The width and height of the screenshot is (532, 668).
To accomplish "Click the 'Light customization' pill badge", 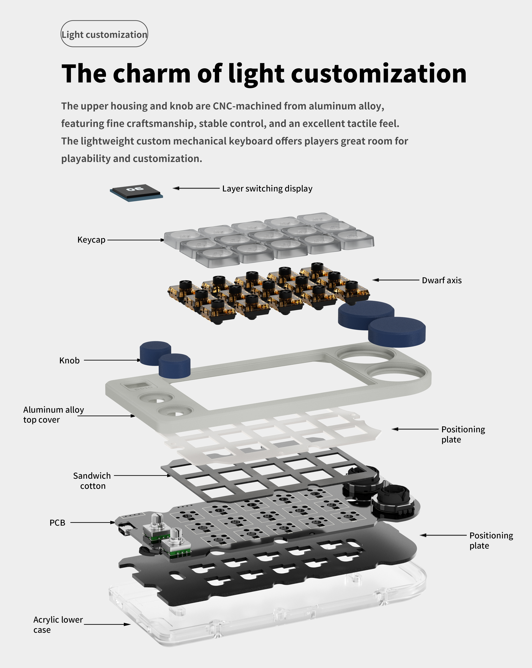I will (x=104, y=34).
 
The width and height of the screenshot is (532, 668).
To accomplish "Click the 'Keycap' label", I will (x=91, y=240).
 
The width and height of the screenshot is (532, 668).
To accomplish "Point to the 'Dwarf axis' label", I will (x=442, y=280).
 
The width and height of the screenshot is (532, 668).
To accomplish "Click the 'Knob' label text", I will (x=69, y=360).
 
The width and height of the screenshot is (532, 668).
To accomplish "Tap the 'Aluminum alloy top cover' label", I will (x=53, y=415).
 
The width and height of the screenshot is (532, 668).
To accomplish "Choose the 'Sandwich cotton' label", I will (x=92, y=481).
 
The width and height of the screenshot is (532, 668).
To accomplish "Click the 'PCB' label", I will (x=57, y=523).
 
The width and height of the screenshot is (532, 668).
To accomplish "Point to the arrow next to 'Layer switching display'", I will (x=196, y=188).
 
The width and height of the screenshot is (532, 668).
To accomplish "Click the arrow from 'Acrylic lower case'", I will (x=107, y=624).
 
